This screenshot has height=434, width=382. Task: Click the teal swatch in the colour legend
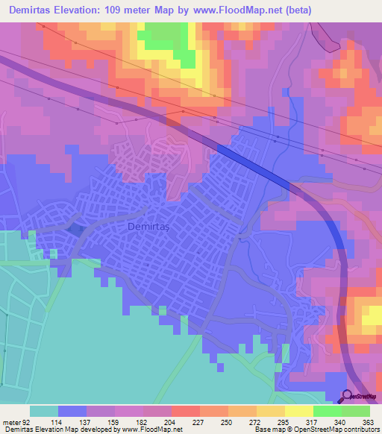point(43,411)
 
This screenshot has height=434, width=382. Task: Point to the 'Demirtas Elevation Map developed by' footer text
point(57,429)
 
